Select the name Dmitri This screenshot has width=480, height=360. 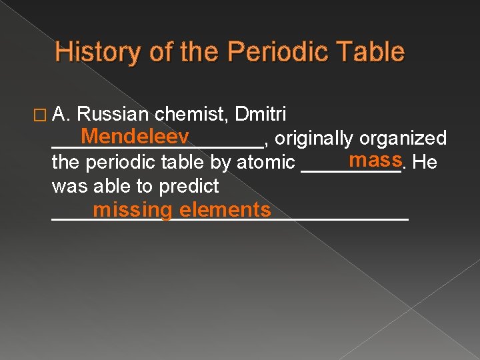click(x=261, y=115)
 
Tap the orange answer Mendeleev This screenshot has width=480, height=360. click(x=133, y=137)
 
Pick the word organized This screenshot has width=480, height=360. click(x=403, y=139)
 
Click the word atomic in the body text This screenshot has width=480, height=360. click(x=266, y=162)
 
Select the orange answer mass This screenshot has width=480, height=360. click(x=375, y=160)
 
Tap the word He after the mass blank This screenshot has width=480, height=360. click(x=425, y=162)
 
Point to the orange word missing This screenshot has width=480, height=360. click(x=133, y=210)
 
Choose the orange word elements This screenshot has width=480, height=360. click(x=225, y=210)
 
